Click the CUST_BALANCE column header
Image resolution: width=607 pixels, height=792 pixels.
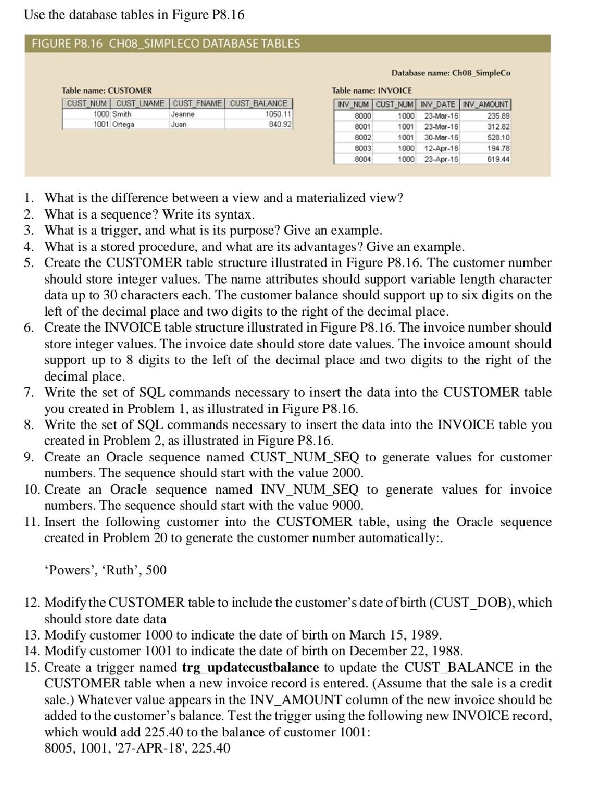(x=259, y=103)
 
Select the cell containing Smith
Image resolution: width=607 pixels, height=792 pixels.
(x=122, y=114)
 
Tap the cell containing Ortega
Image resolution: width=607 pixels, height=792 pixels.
(x=123, y=124)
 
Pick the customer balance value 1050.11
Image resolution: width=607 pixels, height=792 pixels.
(x=278, y=114)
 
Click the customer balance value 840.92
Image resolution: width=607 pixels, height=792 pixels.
(x=280, y=124)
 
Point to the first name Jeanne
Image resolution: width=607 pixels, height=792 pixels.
(x=183, y=114)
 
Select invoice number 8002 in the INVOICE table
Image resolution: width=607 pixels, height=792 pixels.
(x=363, y=137)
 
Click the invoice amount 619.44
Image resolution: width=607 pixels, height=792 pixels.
(x=499, y=159)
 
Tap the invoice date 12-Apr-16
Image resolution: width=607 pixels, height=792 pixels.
(x=441, y=148)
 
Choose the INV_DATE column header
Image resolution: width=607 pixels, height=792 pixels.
(x=438, y=105)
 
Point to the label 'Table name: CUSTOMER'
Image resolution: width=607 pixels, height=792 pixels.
(x=106, y=91)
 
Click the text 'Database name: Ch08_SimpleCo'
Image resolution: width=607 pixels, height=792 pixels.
(x=451, y=73)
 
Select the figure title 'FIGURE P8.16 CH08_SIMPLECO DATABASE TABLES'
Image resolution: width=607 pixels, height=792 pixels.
(x=166, y=44)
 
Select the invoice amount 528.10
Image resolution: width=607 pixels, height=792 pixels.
(x=499, y=137)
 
